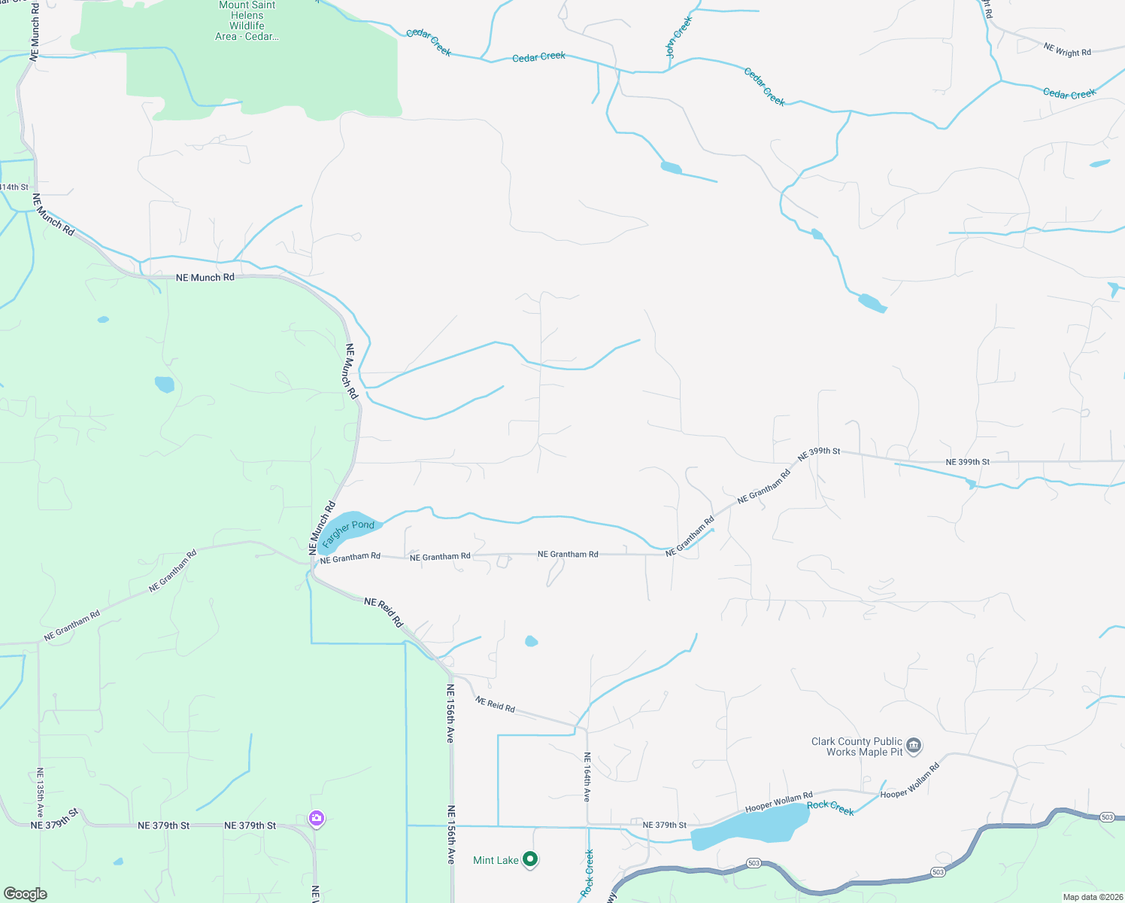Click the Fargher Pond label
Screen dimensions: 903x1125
pyautogui.click(x=348, y=532)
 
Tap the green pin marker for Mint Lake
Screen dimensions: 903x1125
pyautogui.click(x=530, y=859)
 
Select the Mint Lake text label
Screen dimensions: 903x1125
pyautogui.click(x=496, y=860)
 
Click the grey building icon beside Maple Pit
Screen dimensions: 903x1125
pyautogui.click(x=914, y=746)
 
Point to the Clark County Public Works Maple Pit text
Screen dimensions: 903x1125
pyautogui.click(x=857, y=746)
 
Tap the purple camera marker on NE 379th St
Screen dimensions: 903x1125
pyautogui.click(x=317, y=818)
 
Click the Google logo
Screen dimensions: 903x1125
pyautogui.click(x=25, y=893)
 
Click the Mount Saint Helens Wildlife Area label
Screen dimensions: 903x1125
pyautogui.click(x=247, y=20)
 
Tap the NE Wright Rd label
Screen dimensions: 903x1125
pyautogui.click(x=1067, y=50)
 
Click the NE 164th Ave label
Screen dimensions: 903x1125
pyautogui.click(x=587, y=777)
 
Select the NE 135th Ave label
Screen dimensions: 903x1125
pyautogui.click(x=40, y=792)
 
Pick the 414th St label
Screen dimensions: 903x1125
pyautogui.click(x=14, y=187)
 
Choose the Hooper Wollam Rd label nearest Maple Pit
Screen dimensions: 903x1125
pyautogui.click(x=910, y=781)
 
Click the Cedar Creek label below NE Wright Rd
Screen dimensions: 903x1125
pyautogui.click(x=1069, y=93)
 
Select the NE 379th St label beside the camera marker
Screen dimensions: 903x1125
pyautogui.click(x=250, y=825)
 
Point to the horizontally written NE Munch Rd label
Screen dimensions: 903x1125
pyautogui.click(x=205, y=278)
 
